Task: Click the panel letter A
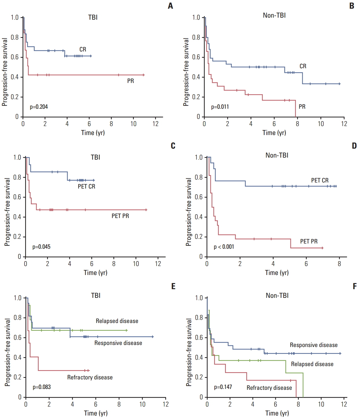click(x=170, y=6)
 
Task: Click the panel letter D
click(x=354, y=146)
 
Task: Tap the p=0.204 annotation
click(x=39, y=107)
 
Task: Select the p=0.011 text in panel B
click(x=220, y=107)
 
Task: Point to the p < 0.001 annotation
click(x=224, y=247)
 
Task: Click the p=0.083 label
click(x=42, y=387)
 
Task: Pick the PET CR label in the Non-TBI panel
click(x=320, y=180)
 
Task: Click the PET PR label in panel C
click(x=120, y=216)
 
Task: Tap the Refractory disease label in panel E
click(x=90, y=377)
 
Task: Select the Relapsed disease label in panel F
click(x=312, y=364)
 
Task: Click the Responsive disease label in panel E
click(x=118, y=343)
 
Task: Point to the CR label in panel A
click(x=83, y=49)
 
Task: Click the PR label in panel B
click(x=302, y=107)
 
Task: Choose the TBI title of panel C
click(x=95, y=157)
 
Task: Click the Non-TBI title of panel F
click(x=277, y=296)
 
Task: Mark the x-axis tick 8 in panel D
click(x=339, y=264)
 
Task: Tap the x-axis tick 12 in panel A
click(x=155, y=124)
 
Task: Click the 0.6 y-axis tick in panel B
click(x=196, y=57)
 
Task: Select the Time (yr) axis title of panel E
click(x=96, y=413)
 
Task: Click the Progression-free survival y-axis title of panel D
click(x=189, y=212)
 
